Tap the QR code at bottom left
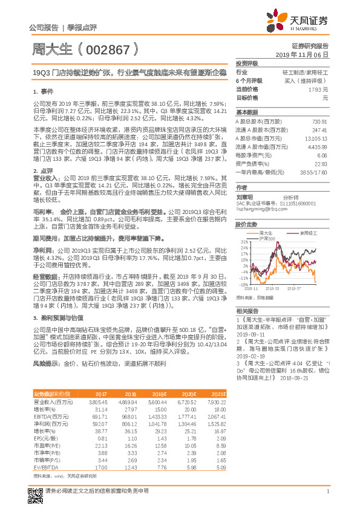(x=37, y=491)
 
